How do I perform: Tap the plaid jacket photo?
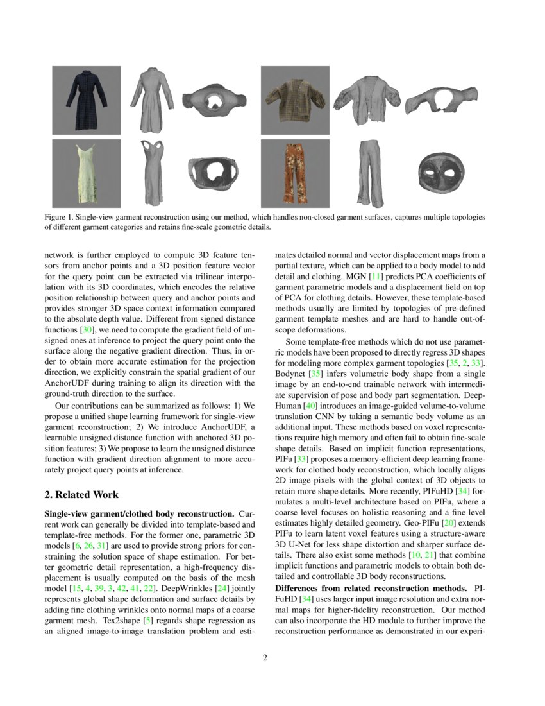pyautogui.click(x=294, y=100)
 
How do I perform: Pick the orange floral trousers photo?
pyautogui.click(x=294, y=173)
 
